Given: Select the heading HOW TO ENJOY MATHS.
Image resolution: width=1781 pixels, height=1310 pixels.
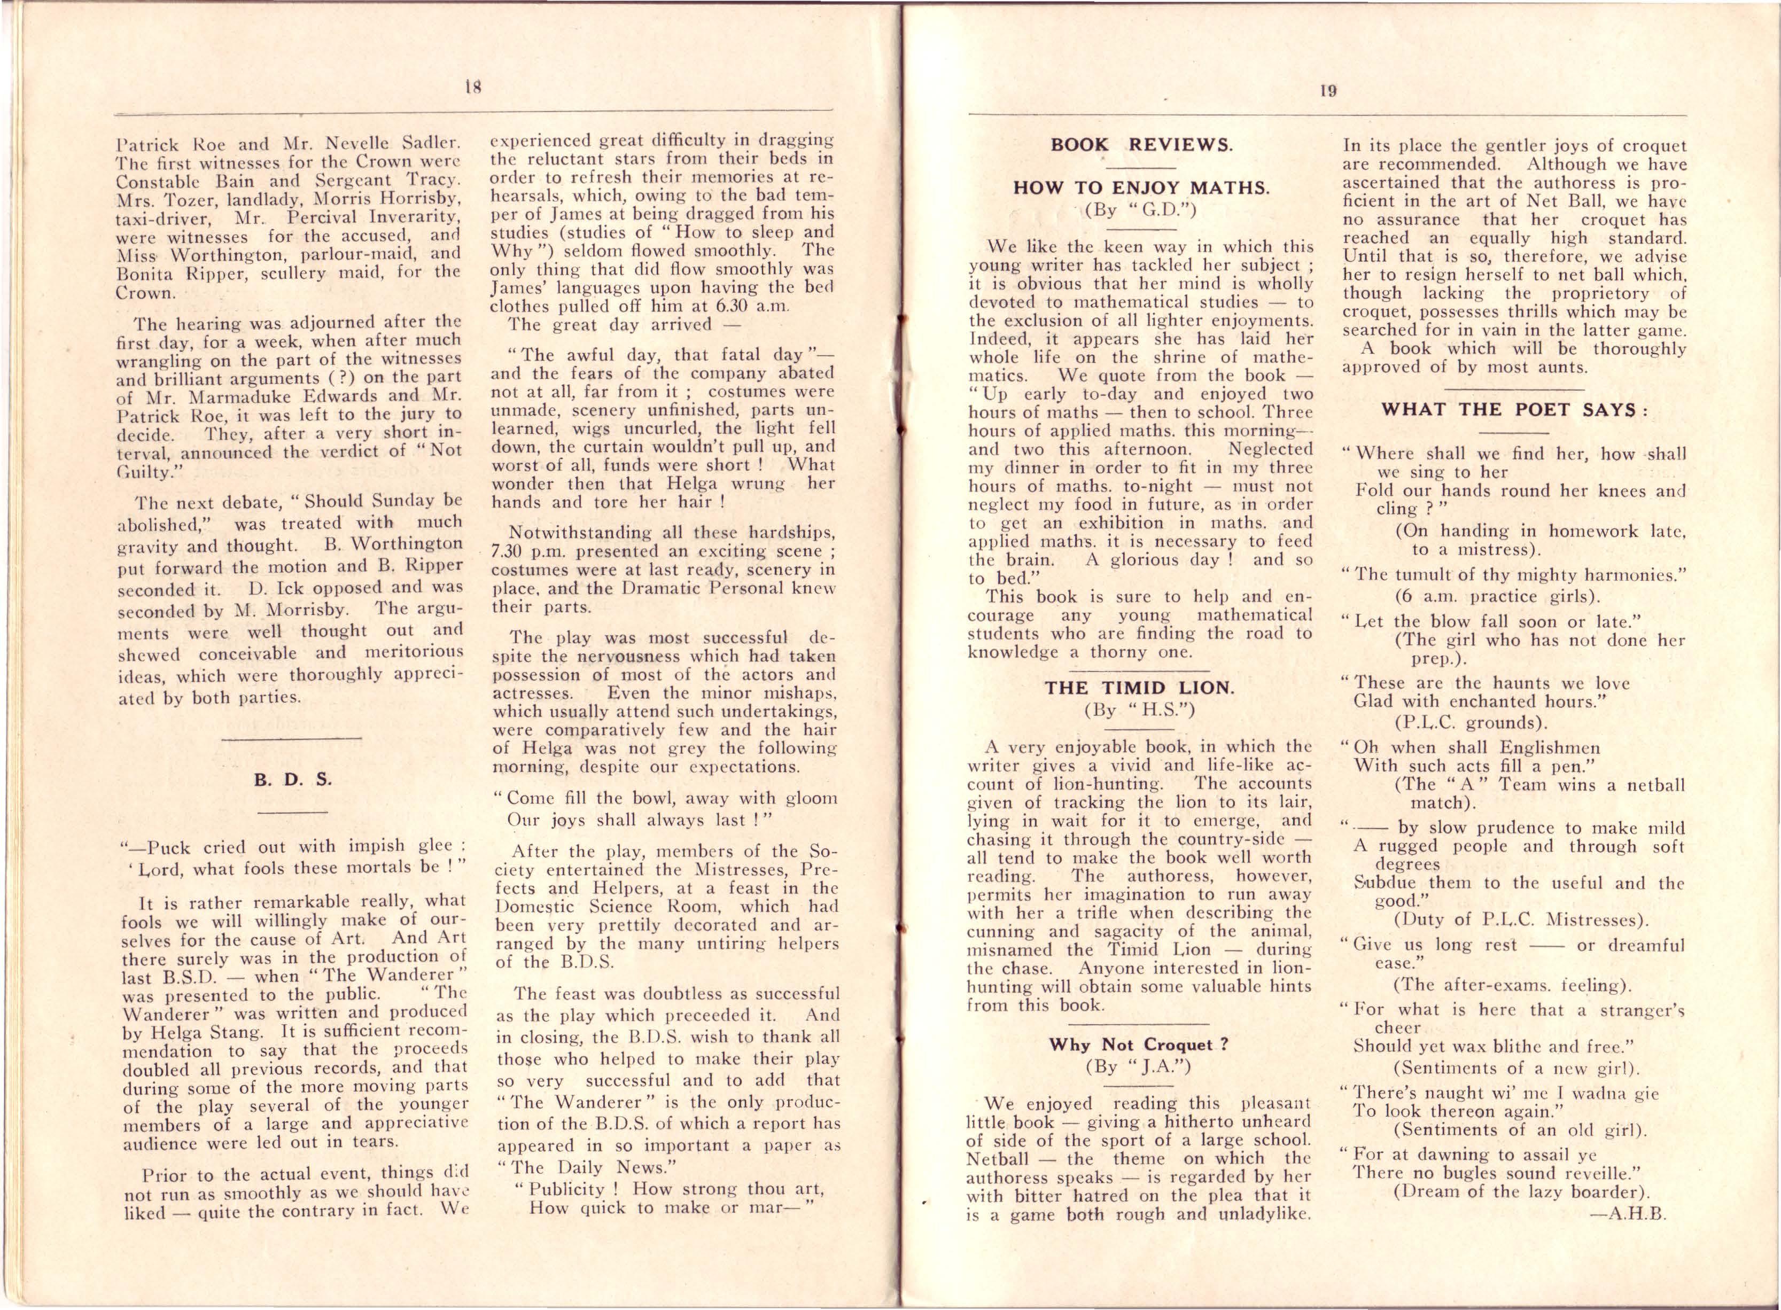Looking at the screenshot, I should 1142,188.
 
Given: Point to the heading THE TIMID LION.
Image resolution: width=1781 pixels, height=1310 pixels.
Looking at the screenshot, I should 1139,688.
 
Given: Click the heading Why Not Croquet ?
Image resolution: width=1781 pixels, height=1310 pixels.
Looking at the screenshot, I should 1139,1044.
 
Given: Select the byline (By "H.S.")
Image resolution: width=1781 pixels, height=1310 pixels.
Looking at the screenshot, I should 1139,709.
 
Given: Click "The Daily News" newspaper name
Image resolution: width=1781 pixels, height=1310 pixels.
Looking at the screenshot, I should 594,1167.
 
